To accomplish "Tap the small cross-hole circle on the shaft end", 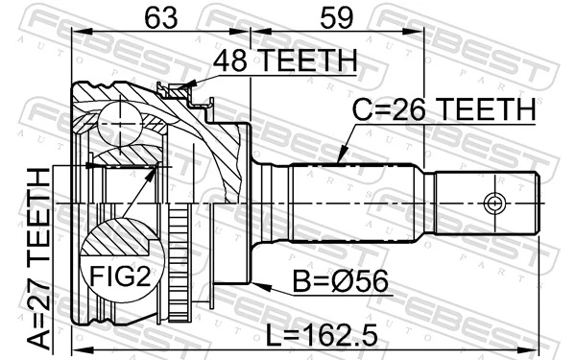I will (x=493, y=203).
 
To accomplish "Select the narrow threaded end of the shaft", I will (x=486, y=203).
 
